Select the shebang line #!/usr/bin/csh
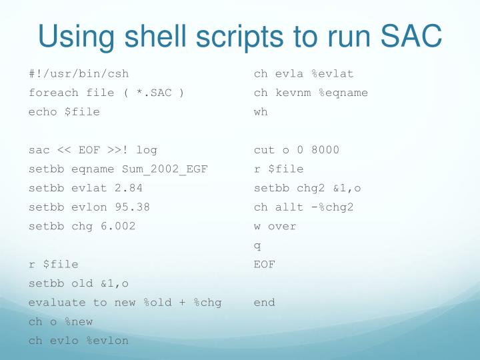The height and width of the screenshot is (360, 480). click(79, 73)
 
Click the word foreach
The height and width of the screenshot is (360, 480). click(53, 93)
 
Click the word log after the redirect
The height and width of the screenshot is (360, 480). click(146, 150)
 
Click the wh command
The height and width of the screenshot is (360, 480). click(261, 112)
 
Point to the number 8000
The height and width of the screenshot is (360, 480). click(325, 150)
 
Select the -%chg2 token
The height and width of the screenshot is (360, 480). click(332, 207)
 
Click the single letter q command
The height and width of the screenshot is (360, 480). click(257, 246)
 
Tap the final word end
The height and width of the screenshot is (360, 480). click(264, 303)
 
